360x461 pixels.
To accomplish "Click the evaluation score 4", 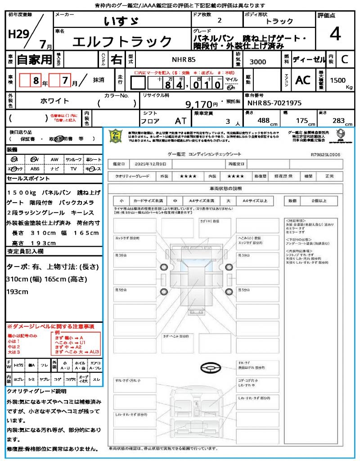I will [334, 34].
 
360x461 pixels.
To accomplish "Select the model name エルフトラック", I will [122, 42].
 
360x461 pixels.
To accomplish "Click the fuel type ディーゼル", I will [309, 59].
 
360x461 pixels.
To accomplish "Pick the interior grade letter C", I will [344, 59].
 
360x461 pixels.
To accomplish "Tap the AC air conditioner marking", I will [302, 80].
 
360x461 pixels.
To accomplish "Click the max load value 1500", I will [338, 80].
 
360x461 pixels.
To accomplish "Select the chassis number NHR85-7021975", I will [274, 103].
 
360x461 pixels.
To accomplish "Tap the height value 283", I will [338, 121].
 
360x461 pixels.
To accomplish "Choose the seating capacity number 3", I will [228, 121].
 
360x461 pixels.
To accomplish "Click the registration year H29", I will [17, 34].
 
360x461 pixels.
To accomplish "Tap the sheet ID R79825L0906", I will [325, 154].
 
